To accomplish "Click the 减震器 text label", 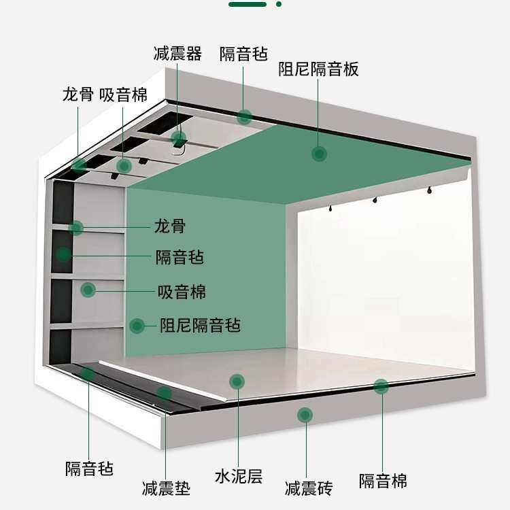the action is pos(177,54).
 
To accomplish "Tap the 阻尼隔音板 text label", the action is pos(318,69).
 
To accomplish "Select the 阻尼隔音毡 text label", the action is pos(200,325).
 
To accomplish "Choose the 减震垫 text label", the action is pos(166,488).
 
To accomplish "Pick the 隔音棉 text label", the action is pos(383,481).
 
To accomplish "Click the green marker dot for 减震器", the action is pos(179,139).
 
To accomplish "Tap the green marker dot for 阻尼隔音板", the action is pos(319,154).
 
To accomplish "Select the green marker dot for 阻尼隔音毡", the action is pos(137,326).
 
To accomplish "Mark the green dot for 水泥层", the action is pos(237,381).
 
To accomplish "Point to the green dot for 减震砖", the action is pos(305,414).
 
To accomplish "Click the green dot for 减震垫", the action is pos(164,393).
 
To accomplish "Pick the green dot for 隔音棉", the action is pos(381,387).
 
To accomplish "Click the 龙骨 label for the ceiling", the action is pos(78,94).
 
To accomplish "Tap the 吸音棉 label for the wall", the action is pos(182,292).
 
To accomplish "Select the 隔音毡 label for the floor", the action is pos(89,468).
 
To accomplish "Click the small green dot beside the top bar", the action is pos(279,4).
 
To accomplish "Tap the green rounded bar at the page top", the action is pos(248,4).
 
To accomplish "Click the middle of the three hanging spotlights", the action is pos(374,199).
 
